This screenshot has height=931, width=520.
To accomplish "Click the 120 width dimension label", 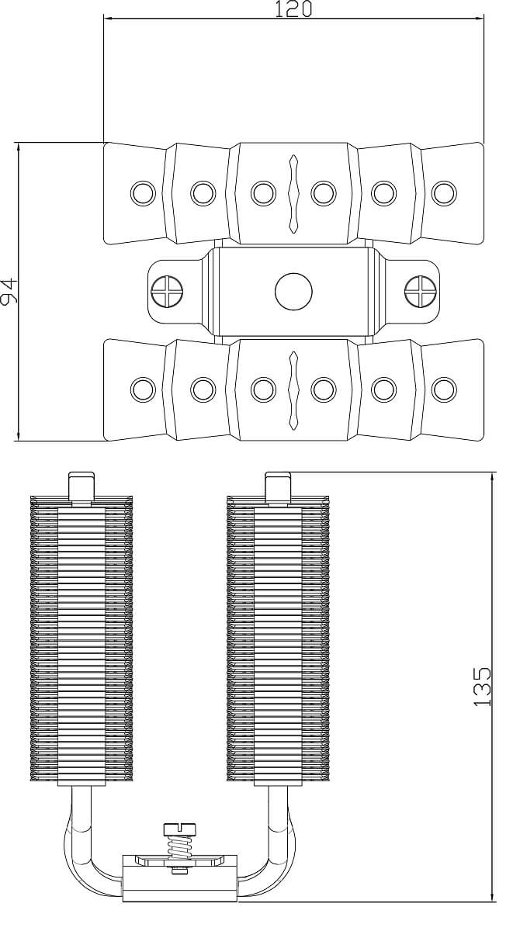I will (293, 9).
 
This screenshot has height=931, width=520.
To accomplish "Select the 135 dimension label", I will (483, 686).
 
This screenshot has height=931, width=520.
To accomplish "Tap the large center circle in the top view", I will (293, 292).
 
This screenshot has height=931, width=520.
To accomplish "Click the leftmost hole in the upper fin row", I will (142, 192).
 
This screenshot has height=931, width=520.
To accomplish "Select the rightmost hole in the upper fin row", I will (444, 192).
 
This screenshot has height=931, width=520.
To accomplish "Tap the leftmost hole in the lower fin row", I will (142, 389).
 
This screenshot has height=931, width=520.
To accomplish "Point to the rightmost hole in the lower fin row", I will (444, 389).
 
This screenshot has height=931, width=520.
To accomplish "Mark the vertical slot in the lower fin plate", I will (293, 389).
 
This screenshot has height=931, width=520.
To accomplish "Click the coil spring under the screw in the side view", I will (179, 846).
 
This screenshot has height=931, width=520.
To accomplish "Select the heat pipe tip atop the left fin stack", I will (81, 486).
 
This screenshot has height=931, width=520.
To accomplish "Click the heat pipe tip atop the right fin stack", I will (278, 486).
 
